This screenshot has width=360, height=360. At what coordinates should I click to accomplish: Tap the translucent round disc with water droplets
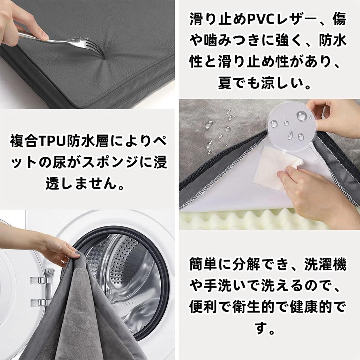pyautogui.click(x=291, y=126)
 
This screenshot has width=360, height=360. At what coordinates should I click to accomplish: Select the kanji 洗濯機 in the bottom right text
pyautogui.click(x=325, y=265)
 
